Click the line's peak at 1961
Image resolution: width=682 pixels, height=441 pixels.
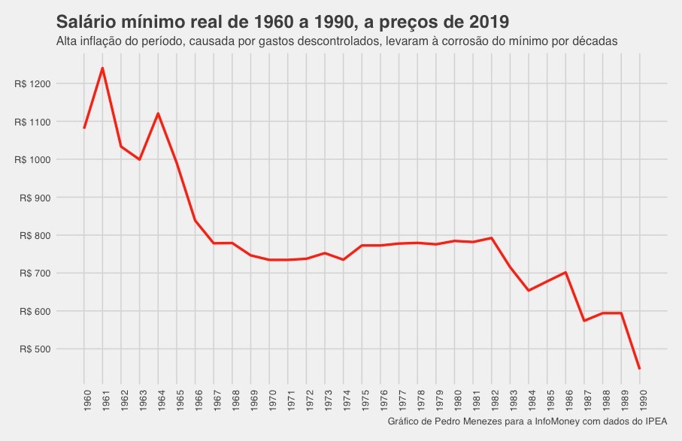102,68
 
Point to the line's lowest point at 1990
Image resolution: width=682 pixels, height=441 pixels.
640,369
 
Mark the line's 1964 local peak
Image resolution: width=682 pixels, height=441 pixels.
158,113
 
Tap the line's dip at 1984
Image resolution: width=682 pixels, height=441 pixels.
529,290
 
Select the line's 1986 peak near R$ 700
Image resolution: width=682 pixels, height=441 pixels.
565,272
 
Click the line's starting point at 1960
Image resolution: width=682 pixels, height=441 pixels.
84,128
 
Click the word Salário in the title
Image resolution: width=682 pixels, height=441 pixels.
88,20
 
